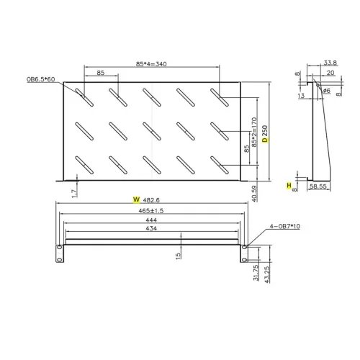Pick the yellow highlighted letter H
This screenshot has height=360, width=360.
(x=289, y=186)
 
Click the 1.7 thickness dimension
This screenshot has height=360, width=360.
(x=75, y=192)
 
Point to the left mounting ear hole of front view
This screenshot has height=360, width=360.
(x=59, y=247)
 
